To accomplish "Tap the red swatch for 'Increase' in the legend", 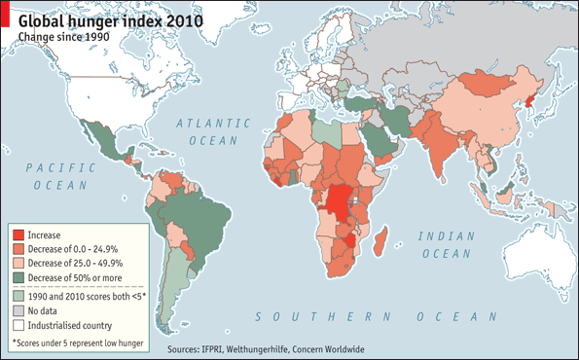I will tap(18, 234).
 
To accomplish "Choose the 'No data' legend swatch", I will tap(18, 310).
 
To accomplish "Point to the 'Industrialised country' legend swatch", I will tap(18, 325).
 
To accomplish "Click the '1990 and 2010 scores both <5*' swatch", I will tap(18, 296).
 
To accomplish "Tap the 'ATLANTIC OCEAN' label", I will tap(205, 131).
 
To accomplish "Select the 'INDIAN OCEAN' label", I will tap(447, 244).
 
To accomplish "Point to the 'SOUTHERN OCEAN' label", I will tap(369, 317).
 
